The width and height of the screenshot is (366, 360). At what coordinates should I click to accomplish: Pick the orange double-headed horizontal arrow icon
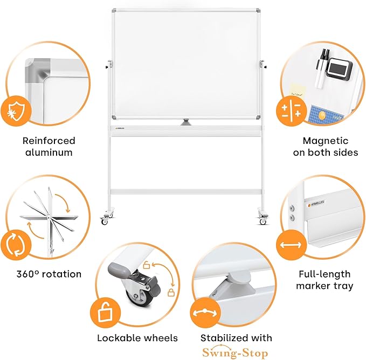click(290, 245)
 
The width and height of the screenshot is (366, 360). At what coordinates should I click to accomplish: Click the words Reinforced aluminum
click(49, 146)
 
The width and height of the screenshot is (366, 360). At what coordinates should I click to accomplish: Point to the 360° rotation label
click(49, 274)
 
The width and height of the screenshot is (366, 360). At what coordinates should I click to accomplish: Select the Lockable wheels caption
click(137, 338)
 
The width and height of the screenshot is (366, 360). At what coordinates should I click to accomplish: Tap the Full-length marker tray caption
click(324, 280)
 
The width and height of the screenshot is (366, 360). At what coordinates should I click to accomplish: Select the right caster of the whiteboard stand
click(263, 219)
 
